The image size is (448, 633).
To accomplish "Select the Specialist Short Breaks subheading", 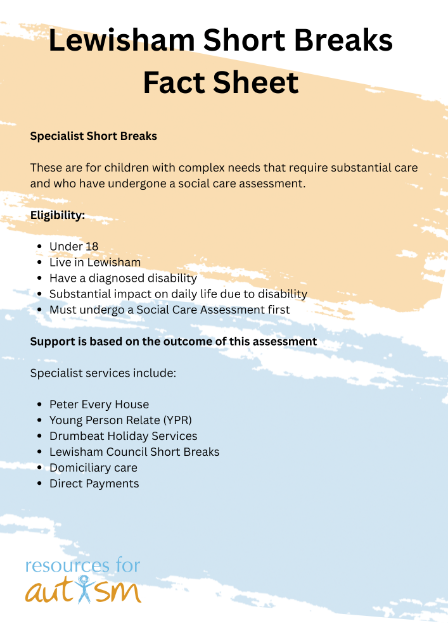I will [x=93, y=136].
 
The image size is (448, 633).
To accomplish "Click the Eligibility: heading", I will [x=58, y=215].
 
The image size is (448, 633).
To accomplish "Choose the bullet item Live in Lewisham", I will [x=95, y=262].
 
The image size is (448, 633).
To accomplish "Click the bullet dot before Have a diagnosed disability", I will [x=39, y=279].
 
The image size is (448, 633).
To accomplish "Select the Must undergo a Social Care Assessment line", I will [x=169, y=310].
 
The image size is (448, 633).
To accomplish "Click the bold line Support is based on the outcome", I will [x=173, y=341].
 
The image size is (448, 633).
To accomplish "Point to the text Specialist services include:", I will [x=103, y=373].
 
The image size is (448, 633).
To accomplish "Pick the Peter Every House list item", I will [x=99, y=404].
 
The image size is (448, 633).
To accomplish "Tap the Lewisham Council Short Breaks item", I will [x=134, y=452].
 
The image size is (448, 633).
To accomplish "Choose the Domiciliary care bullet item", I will [x=93, y=468].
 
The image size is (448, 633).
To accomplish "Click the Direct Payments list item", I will [x=94, y=484].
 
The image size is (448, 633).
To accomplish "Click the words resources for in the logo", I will [x=82, y=565].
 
